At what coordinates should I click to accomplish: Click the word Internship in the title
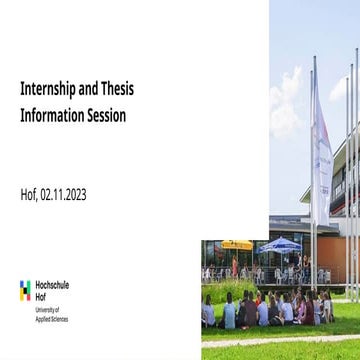point(47,89)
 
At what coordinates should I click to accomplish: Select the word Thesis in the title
point(116,89)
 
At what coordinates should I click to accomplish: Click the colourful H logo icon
point(25,290)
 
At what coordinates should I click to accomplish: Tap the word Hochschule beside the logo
point(52,285)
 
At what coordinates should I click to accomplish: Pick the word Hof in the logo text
point(40,296)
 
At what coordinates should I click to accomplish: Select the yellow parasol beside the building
point(236,243)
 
